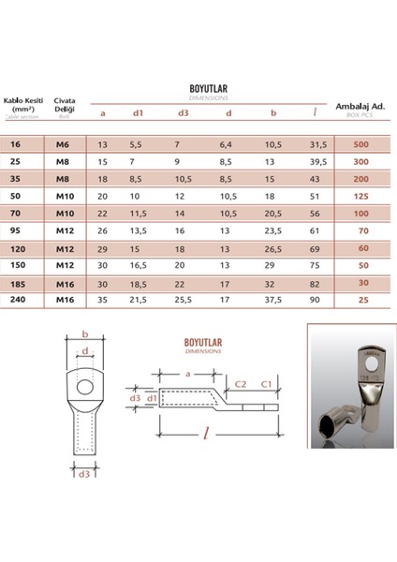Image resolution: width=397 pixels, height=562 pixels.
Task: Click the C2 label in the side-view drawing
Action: click(240, 384)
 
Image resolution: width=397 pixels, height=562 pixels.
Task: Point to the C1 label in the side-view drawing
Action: click(266, 384)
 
